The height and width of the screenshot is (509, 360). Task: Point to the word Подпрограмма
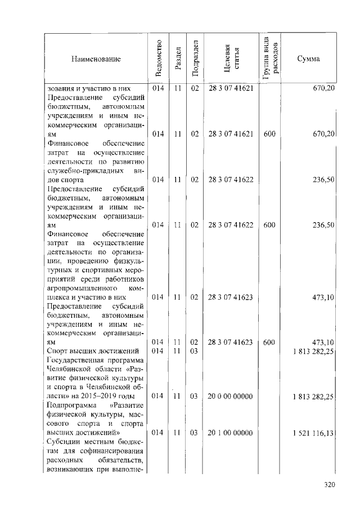pyautogui.click(x=70, y=406)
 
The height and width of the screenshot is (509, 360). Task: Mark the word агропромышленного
pyautogui.click(x=81, y=288)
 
